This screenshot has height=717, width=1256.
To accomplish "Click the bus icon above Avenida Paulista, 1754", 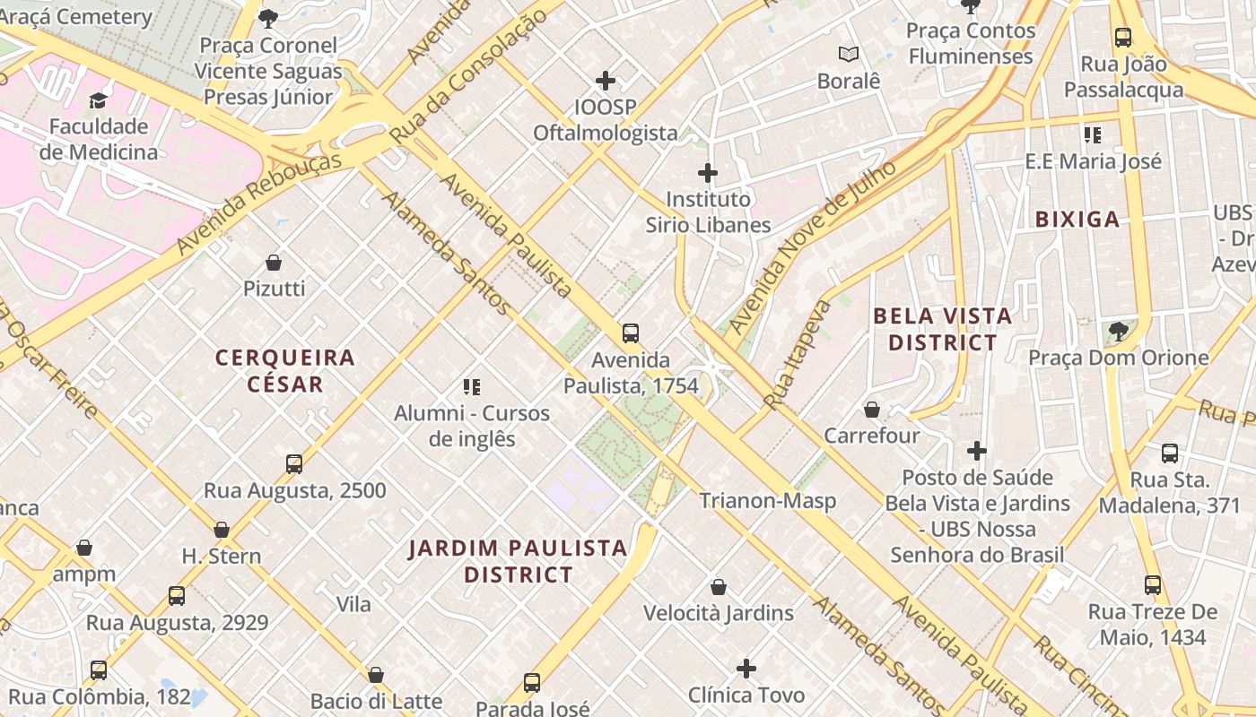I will (x=631, y=333).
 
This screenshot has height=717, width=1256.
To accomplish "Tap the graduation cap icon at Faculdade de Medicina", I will (x=98, y=100).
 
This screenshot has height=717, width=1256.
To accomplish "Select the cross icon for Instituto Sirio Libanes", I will (x=708, y=172).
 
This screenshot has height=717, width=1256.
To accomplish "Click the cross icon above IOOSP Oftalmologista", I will (x=606, y=81).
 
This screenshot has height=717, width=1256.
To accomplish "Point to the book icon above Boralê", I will (x=849, y=55).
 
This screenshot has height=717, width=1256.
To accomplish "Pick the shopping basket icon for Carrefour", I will (x=871, y=410).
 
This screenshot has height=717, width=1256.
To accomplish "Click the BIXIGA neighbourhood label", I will (x=1077, y=220).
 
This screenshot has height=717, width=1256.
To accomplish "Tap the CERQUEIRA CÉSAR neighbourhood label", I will (x=285, y=371).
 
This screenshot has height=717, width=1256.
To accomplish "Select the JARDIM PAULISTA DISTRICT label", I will (x=518, y=561).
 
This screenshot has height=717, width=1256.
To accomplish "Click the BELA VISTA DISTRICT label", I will (x=942, y=329).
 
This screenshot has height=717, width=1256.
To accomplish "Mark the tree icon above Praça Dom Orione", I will (x=1118, y=332).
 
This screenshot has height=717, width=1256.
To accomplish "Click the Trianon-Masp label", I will (x=767, y=501).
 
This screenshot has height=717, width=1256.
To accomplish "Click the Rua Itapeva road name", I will (x=798, y=357).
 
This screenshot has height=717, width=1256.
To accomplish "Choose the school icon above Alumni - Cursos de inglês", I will (x=472, y=387).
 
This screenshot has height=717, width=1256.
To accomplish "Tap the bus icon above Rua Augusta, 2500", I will (x=294, y=464).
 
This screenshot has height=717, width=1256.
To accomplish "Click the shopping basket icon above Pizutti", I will (x=274, y=263).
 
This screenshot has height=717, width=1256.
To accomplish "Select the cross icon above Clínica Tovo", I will (x=746, y=669).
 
